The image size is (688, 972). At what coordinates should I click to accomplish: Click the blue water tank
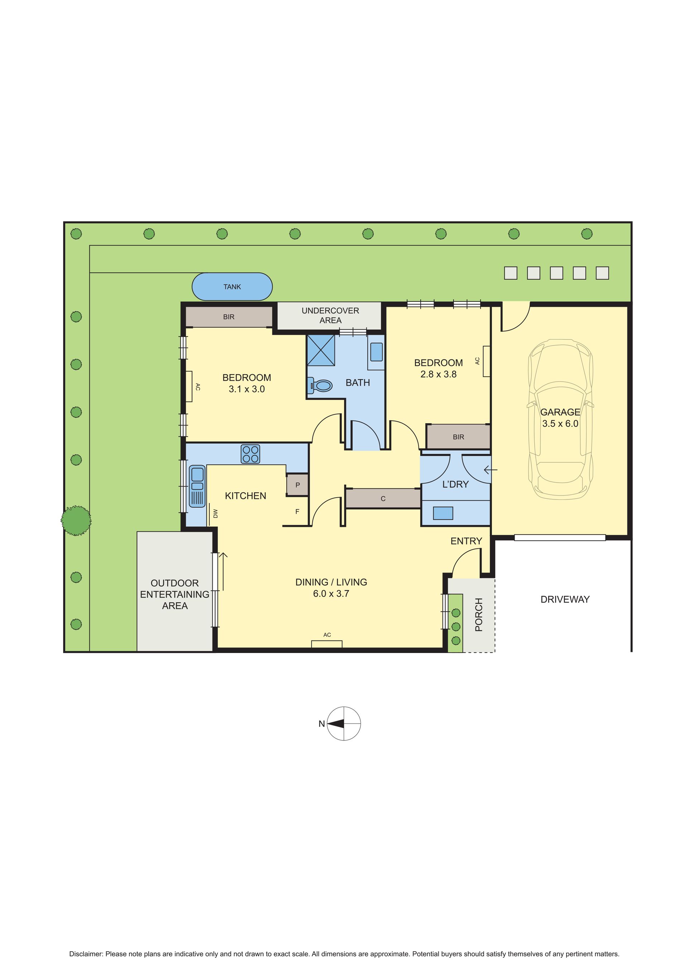(x=232, y=287)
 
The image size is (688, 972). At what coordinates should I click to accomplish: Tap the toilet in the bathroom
(x=321, y=385)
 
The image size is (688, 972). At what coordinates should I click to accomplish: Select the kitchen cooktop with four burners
(x=250, y=454)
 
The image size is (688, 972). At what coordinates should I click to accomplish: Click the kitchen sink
(x=197, y=486)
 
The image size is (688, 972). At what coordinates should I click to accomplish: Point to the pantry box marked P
(x=297, y=485)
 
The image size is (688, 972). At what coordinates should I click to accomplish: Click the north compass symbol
(x=344, y=724)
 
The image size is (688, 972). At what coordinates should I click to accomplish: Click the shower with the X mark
(x=321, y=350)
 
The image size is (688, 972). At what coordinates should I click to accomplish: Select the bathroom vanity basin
(x=376, y=352)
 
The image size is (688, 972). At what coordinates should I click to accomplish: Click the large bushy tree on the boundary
(x=76, y=520)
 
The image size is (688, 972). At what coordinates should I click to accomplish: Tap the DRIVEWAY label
(x=565, y=599)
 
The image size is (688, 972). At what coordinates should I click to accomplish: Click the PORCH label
(x=479, y=615)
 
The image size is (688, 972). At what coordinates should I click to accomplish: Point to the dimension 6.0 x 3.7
(x=331, y=594)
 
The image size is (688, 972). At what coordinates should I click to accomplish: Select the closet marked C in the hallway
(x=383, y=499)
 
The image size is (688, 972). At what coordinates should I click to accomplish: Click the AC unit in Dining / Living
(x=327, y=644)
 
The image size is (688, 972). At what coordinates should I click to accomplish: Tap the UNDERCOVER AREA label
(x=330, y=315)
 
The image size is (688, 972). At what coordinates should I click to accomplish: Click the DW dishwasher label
(x=216, y=513)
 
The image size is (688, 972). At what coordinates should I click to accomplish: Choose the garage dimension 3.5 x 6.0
(x=560, y=423)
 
